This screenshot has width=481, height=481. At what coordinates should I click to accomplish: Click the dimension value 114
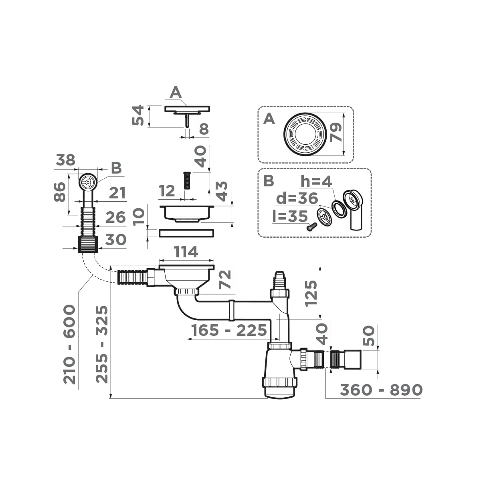[x=186, y=252]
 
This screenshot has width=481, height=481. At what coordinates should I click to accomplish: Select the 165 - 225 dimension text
[x=229, y=330]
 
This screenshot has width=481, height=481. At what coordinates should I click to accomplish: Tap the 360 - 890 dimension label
[x=381, y=390]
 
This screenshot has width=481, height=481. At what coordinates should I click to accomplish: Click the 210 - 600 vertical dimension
[x=70, y=344]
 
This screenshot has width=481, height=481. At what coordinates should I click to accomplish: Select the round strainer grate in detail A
[x=303, y=133]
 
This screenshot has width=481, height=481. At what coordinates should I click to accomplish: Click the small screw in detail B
[x=311, y=227]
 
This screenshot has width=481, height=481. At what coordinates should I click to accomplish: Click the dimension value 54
[x=138, y=115]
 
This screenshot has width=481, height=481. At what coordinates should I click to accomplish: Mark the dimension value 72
[x=226, y=279]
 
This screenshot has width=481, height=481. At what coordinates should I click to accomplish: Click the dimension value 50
[x=369, y=335]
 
